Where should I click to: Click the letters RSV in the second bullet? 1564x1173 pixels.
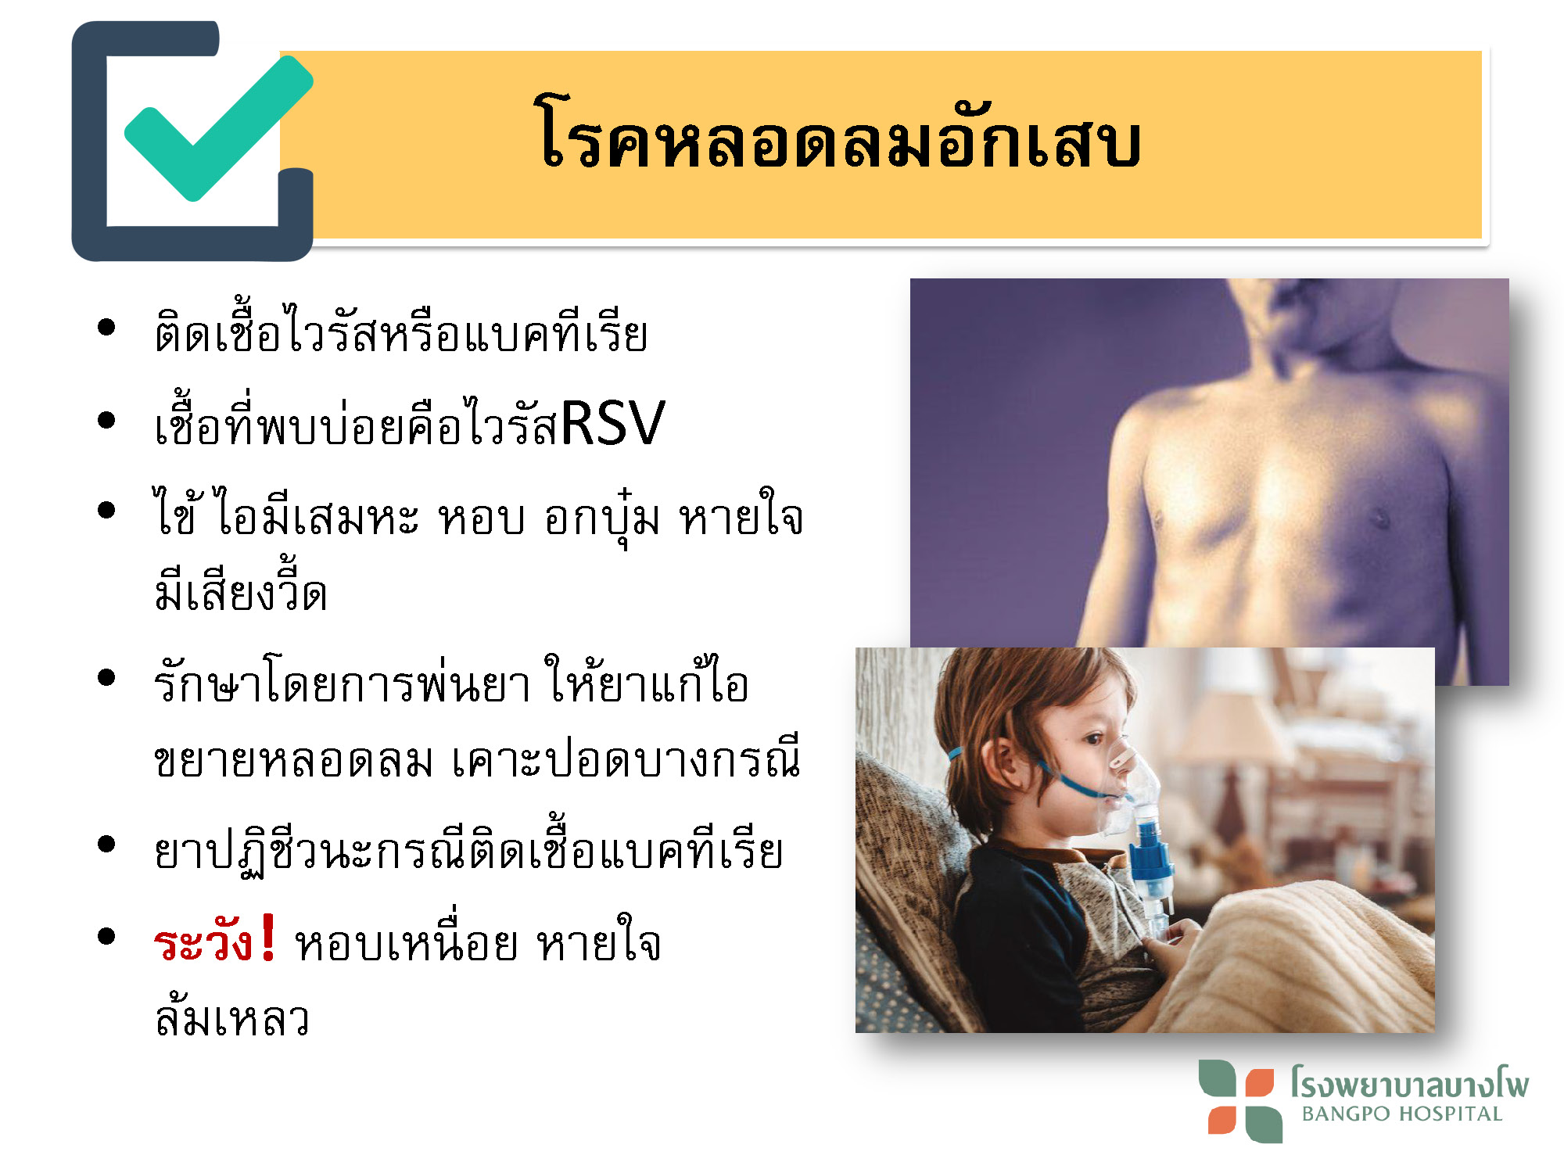tap(612, 423)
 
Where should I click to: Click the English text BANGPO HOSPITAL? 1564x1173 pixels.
tap(1402, 1114)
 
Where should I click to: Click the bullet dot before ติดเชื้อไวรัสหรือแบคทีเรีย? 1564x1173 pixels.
tap(106, 327)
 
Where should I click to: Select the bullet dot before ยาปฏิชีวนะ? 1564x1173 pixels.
tap(106, 844)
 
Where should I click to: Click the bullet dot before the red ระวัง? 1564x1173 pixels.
tap(106, 936)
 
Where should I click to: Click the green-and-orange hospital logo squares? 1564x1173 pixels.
tap(1240, 1101)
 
